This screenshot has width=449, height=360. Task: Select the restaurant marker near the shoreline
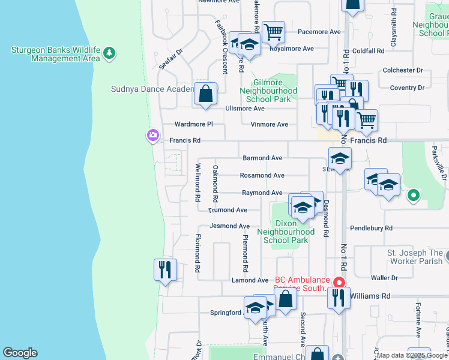click(165, 270)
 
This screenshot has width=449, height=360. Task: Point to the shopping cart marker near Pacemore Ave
click(273, 32)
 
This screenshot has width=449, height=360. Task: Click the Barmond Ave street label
click(262, 158)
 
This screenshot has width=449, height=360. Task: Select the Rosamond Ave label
click(262, 176)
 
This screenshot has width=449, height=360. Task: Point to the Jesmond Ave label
click(229, 226)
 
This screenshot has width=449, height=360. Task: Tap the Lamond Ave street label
click(250, 280)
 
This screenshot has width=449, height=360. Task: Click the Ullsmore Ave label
click(244, 109)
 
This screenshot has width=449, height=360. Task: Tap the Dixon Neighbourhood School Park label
click(286, 232)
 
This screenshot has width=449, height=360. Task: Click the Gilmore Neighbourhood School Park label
click(268, 91)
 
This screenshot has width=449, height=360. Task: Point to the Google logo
click(20, 353)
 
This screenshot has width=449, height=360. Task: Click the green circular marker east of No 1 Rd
click(414, 195)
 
